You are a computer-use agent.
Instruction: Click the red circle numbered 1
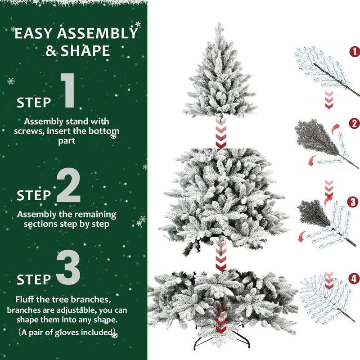coord(355,52)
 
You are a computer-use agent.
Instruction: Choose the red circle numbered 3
coord(355,201)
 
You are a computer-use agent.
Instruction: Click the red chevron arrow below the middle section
coord(220,256)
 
